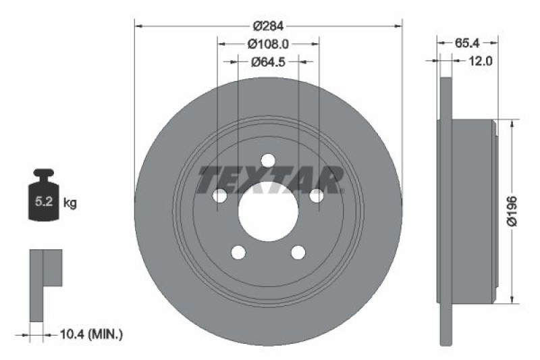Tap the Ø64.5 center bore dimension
[268, 61]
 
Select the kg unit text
[70, 201]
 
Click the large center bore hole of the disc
[268, 210]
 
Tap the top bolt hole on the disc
[268, 161]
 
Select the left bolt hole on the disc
[219, 196]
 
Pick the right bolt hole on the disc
[316, 196]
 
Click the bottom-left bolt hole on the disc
[238, 252]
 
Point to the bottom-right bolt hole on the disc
[298, 252]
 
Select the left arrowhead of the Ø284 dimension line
[139, 26]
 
